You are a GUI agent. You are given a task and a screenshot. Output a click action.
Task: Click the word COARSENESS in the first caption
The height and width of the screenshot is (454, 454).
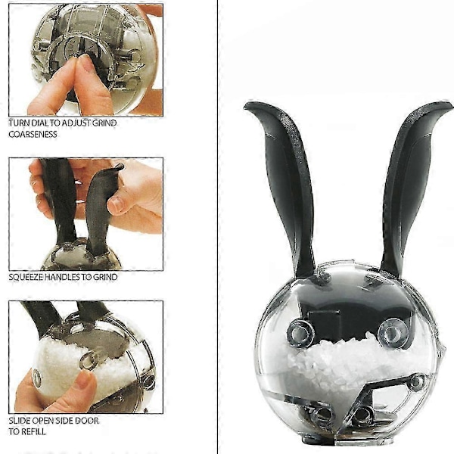click(x=33, y=135)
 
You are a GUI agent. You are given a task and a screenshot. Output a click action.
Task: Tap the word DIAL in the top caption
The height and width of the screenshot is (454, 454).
click(x=39, y=123)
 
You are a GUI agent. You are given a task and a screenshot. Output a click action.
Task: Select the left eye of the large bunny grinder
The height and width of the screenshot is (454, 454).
click(x=300, y=332)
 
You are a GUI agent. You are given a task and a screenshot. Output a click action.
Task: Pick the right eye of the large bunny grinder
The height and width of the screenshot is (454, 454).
click(x=392, y=332)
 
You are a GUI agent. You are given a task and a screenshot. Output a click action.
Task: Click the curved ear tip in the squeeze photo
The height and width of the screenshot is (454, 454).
click(x=119, y=167)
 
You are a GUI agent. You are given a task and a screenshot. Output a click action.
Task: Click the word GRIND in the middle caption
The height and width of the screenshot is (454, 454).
click(x=105, y=277)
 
